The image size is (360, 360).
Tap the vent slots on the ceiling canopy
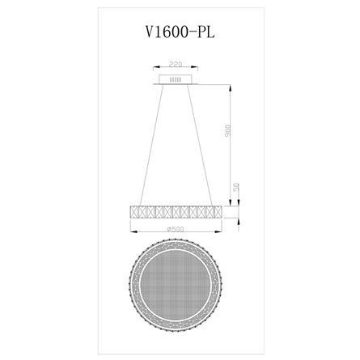[x=176, y=78]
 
